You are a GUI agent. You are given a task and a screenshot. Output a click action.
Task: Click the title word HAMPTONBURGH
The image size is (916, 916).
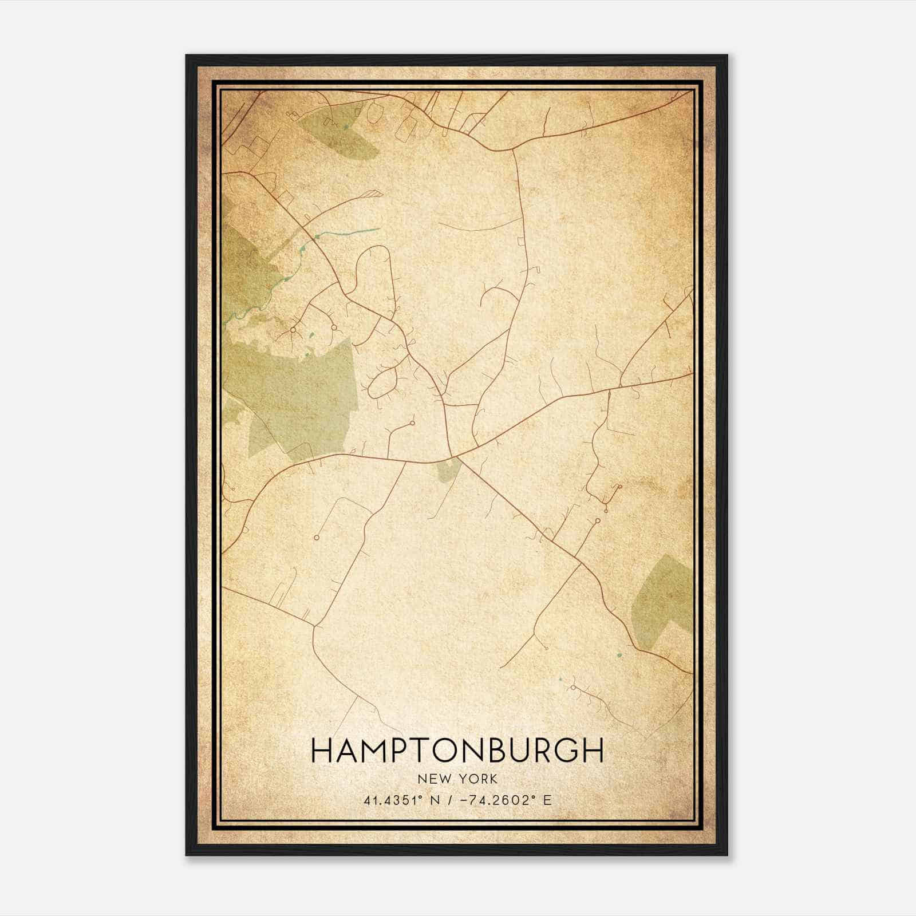click(x=457, y=750)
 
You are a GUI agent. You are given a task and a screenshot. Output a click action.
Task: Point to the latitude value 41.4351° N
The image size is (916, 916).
click(x=401, y=800)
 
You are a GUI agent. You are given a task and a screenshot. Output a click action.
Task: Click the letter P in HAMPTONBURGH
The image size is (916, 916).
click(x=406, y=750)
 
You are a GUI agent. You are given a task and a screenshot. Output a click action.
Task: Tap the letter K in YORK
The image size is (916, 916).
click(x=493, y=779)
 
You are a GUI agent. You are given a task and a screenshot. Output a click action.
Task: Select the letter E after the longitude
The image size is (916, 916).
click(x=548, y=800)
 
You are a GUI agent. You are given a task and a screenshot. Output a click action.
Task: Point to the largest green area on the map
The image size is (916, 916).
click(x=298, y=395)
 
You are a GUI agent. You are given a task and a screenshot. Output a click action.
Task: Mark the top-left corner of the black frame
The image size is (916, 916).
click(x=187, y=56)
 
